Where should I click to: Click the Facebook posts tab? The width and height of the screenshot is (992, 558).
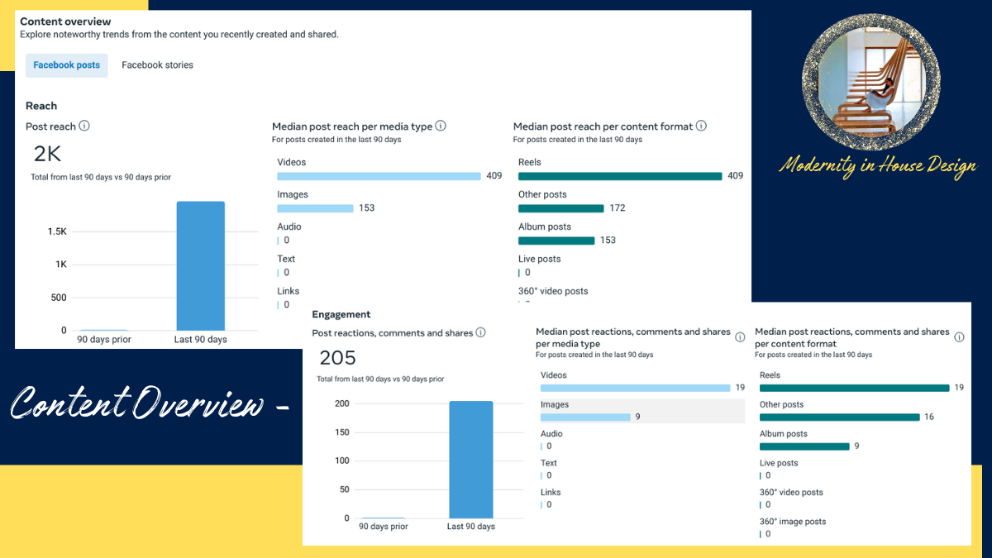coord(67,65)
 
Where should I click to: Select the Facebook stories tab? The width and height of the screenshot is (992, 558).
coord(157,65)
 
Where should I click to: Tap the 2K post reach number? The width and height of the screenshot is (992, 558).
coord(47,154)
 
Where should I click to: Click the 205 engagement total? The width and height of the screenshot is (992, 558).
coord(337,358)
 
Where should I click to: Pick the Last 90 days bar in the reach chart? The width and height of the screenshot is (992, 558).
coord(200,265)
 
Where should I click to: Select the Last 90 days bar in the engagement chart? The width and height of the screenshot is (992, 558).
coord(470,460)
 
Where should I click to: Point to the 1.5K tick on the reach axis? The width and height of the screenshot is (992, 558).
coord(57,231)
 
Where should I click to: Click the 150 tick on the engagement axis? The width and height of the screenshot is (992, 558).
coord(341,432)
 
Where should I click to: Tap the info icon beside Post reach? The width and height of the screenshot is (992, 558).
coord(84,126)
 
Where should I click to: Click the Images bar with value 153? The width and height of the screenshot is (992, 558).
coord(315,208)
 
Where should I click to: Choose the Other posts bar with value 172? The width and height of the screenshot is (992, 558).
coord(560,208)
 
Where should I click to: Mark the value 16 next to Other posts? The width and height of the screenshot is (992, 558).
coord(929,417)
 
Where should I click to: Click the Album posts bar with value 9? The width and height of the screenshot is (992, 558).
coord(804,446)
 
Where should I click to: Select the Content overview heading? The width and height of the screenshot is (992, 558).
coord(65,21)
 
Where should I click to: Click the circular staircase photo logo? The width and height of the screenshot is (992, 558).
coord(871,81)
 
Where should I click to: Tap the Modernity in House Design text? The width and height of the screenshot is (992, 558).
coord(877,166)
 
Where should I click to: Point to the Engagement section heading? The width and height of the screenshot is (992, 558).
coord(341,315)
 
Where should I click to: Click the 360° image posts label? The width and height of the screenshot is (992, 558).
coord(792,522)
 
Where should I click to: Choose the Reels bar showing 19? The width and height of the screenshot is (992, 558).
coord(854,388)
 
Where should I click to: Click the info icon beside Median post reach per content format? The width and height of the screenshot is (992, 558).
coord(701,126)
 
